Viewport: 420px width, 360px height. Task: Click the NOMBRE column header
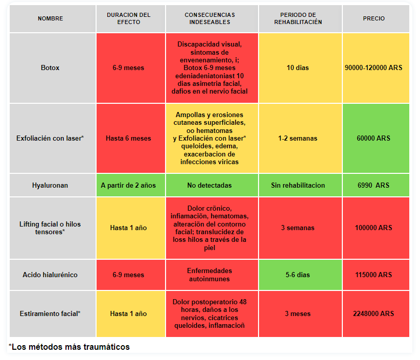[x=51, y=18]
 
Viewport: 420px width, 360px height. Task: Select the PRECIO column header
[x=374, y=18]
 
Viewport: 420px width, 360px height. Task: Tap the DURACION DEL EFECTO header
[x=129, y=18]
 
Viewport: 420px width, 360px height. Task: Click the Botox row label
[x=50, y=67]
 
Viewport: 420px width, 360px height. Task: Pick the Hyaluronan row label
[x=50, y=185]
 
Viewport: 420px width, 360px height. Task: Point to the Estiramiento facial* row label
[x=50, y=313]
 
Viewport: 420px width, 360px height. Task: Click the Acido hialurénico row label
[x=50, y=275]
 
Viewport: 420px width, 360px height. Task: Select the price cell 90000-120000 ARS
[x=374, y=67]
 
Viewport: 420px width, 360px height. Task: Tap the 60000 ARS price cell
[x=374, y=138]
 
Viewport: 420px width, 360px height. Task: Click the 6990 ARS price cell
[x=374, y=185]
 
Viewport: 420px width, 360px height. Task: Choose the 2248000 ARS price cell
[x=374, y=313]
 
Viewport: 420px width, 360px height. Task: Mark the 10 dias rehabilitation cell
[x=297, y=67]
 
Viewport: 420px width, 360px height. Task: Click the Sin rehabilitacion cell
[x=298, y=185]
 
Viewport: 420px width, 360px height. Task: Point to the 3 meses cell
[x=297, y=313]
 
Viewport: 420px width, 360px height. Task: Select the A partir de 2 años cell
[x=128, y=185]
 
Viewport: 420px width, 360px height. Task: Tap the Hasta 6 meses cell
[x=128, y=138]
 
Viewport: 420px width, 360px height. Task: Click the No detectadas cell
[x=209, y=185]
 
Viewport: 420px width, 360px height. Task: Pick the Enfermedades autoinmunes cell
[x=209, y=275]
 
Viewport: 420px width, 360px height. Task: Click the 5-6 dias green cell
[x=297, y=275]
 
